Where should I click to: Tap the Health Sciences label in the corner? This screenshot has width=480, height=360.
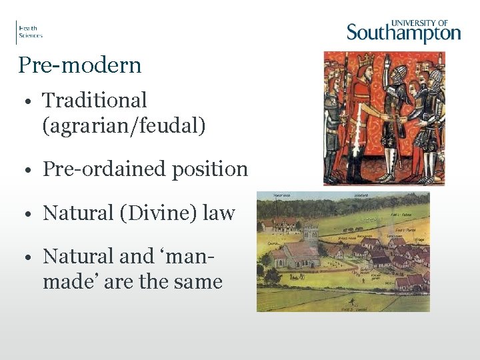tap(30, 32)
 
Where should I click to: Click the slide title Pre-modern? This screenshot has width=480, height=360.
tap(80, 65)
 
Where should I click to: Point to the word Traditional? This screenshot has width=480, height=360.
tap(94, 101)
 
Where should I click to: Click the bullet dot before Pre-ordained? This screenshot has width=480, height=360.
tap(31, 171)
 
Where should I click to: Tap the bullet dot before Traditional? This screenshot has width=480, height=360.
tap(31, 102)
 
